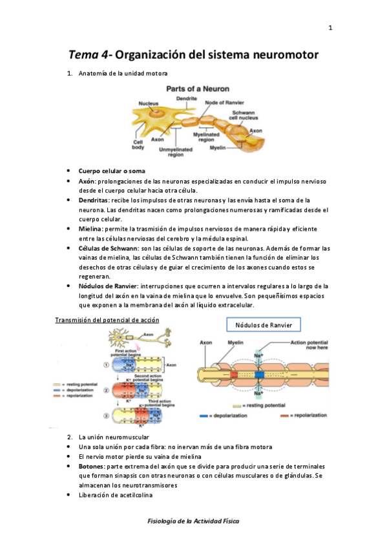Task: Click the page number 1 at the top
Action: point(330,28)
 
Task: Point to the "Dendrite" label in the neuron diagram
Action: point(187,98)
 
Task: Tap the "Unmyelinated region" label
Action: point(171,152)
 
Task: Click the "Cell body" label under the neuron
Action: point(138,145)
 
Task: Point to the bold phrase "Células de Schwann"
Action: point(107,248)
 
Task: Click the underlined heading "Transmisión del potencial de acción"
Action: point(107,320)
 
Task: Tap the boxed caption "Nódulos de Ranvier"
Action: point(263,324)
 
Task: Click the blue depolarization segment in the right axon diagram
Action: point(260,374)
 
